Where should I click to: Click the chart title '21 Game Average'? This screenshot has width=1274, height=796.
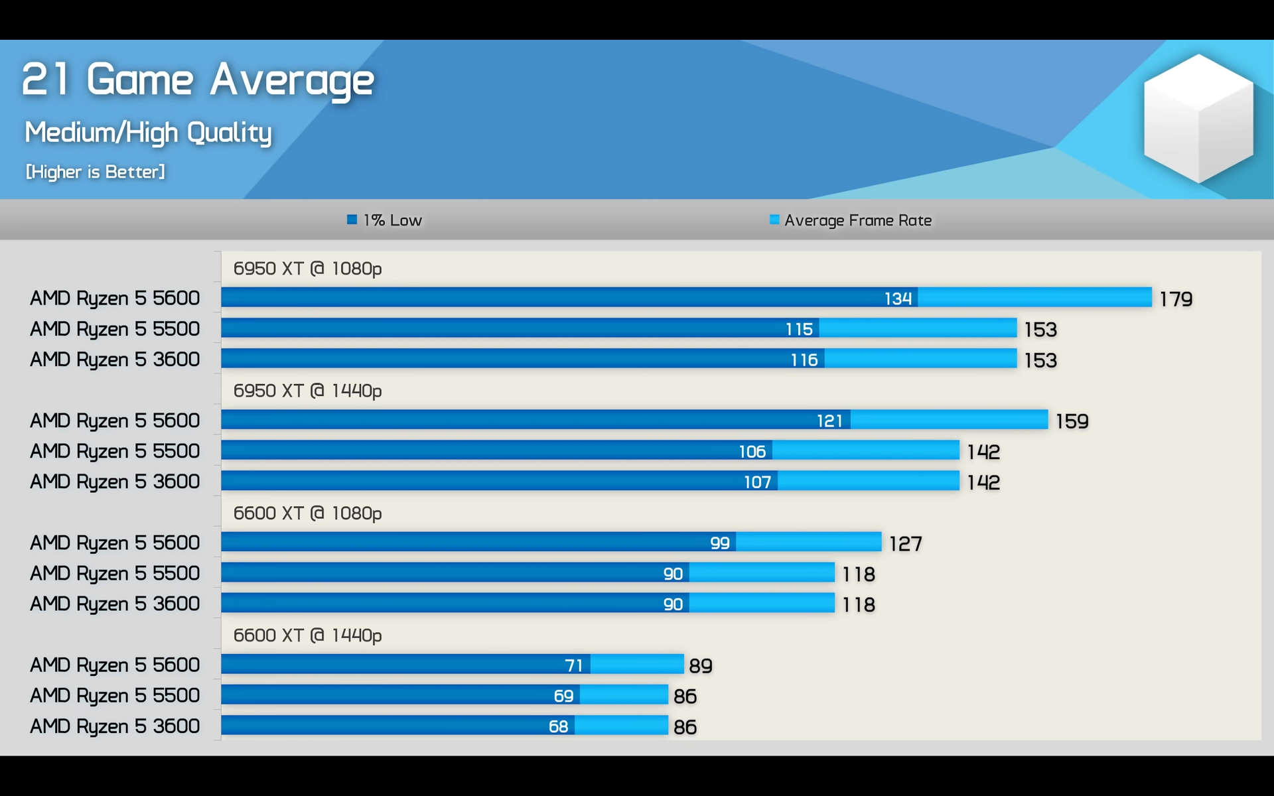pos(198,80)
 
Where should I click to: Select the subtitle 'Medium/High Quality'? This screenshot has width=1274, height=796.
pos(148,133)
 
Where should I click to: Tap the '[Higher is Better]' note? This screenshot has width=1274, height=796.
pos(95,172)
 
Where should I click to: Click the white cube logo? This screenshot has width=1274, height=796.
pos(1198,118)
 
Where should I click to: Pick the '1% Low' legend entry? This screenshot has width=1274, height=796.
pos(385,220)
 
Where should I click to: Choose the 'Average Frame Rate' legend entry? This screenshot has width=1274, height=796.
pos(851,220)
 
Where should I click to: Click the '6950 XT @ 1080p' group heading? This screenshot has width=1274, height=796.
pos(307,269)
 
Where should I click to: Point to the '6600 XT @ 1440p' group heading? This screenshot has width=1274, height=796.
pos(307,635)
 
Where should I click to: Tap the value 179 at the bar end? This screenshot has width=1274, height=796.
pos(1176,299)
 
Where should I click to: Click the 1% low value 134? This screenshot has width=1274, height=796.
pos(898,298)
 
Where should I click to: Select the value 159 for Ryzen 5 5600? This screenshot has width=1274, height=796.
pos(1072,421)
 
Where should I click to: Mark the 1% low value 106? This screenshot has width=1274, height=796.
pos(752,452)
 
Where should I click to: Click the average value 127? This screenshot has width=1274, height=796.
pos(905,544)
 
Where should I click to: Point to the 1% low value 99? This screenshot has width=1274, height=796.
pos(719,543)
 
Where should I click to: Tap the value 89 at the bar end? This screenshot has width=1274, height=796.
pos(701,666)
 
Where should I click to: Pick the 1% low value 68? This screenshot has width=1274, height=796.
pos(558,727)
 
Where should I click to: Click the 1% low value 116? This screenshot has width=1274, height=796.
pos(804,360)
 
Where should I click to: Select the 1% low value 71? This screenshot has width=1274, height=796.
pos(573,665)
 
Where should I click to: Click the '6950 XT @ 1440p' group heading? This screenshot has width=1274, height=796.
pos(307,391)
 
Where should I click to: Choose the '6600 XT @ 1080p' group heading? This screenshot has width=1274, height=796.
pos(307,513)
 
